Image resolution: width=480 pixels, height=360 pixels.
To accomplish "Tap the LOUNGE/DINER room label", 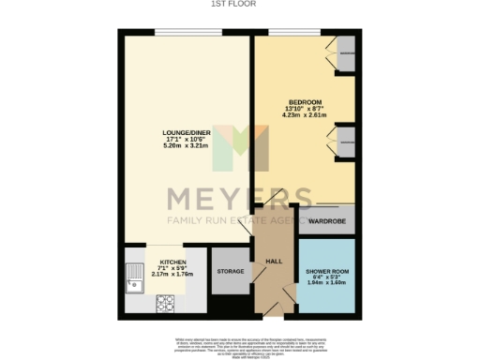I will click(185, 134).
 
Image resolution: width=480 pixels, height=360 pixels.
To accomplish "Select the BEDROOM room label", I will click(305, 102).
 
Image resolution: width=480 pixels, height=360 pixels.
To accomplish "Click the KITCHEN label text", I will click(172, 262).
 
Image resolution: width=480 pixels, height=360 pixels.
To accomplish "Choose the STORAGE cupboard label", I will click(231, 272).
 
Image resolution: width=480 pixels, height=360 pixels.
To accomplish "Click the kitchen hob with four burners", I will click(167, 304).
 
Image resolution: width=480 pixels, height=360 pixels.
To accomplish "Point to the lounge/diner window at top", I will click(185, 31).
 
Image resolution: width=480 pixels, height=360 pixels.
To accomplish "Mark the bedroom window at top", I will click(294, 31).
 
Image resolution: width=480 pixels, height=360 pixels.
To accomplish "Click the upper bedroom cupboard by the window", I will click(345, 53).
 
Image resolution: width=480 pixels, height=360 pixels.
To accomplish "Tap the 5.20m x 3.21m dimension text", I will click(185, 147).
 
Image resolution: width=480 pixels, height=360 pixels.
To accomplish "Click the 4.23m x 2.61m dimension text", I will click(305, 115).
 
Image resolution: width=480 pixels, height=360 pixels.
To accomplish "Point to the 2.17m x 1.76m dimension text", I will click(172, 275).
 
